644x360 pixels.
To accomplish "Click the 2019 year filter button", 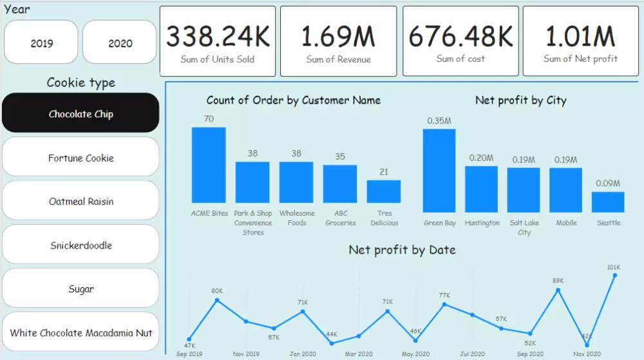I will click(42, 43).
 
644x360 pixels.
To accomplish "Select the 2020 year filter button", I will click(120, 43).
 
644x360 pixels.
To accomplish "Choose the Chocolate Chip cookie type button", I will click(80, 114).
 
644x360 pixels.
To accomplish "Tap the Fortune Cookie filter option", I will click(80, 158).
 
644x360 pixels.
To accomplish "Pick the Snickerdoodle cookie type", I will click(80, 245).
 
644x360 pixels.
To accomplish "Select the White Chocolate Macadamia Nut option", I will click(80, 333).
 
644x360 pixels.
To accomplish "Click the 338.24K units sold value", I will click(218, 37).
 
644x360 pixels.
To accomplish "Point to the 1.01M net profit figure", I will click(580, 37).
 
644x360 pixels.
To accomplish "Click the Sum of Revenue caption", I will click(338, 59).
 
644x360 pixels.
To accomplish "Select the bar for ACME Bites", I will click(209, 165).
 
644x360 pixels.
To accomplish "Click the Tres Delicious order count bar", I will click(384, 191).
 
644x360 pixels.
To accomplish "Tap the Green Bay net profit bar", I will click(439, 170).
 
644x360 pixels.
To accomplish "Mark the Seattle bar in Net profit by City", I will click(608, 202).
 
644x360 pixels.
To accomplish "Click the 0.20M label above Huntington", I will click(481, 158).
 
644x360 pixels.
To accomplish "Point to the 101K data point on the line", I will click(615, 276).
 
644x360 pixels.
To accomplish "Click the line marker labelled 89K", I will click(558, 290).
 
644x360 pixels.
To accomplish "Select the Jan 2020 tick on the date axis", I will click(303, 354).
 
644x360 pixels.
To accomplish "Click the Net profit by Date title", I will click(402, 250).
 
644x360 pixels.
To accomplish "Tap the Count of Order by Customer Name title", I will click(293, 100).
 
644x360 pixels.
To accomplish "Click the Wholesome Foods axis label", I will click(297, 218).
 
